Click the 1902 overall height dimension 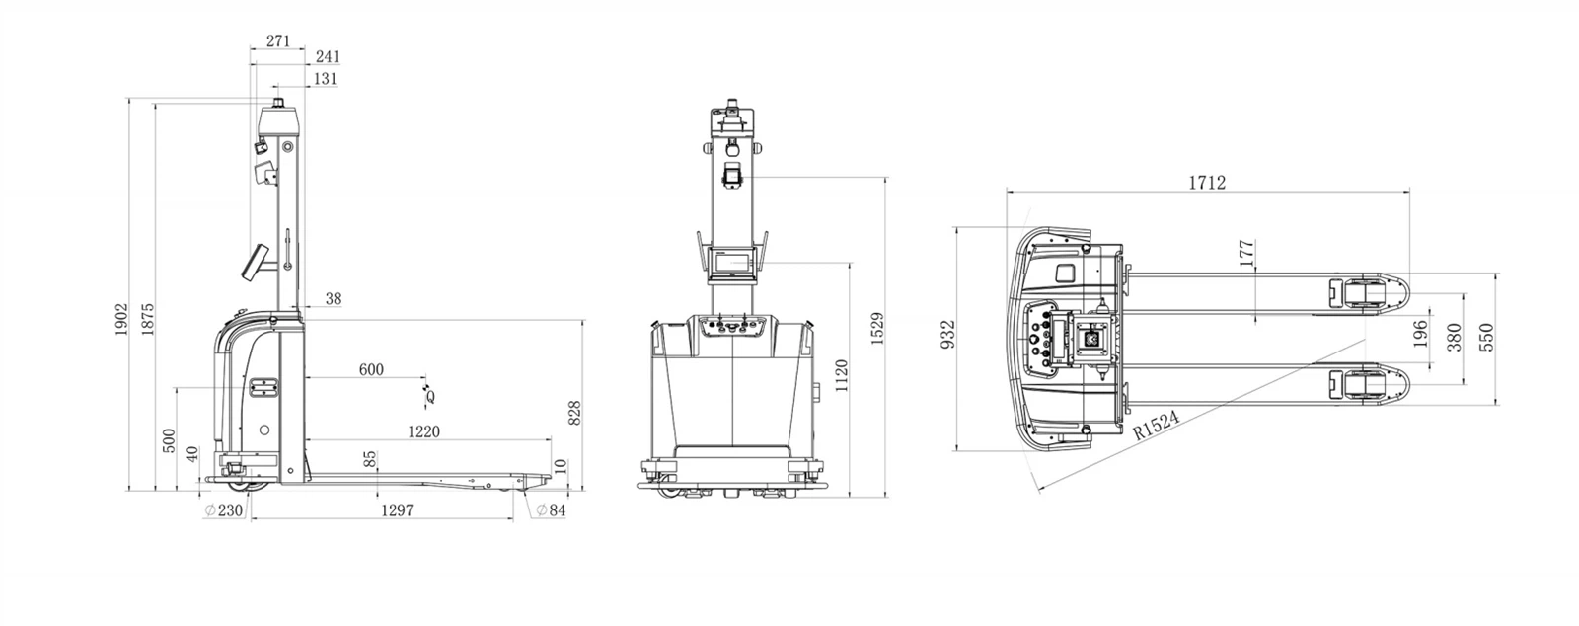[121, 319]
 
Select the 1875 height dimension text [147, 319]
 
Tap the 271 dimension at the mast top [278, 40]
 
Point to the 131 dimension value [325, 79]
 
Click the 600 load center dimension [371, 370]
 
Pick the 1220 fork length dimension [423, 432]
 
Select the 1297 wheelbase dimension [397, 510]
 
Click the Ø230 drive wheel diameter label [223, 510]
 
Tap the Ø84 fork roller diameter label [551, 510]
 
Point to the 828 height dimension [574, 413]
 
